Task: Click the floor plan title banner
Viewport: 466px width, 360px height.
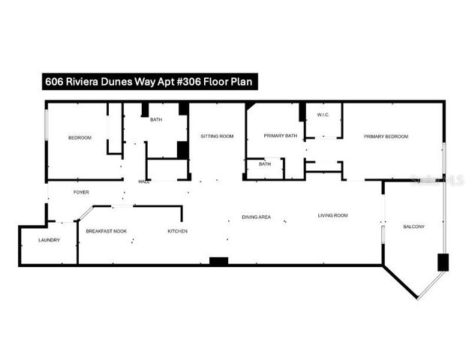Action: coord(150,82)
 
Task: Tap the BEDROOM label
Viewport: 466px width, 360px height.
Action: coord(80,138)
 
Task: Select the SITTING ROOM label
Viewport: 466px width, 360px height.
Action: coord(217,136)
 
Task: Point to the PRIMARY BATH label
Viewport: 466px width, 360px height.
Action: coord(281,136)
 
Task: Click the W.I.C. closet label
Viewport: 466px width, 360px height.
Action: coord(323,115)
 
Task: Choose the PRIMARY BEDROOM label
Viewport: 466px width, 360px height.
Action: coord(386,136)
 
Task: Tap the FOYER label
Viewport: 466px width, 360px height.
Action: coord(81,193)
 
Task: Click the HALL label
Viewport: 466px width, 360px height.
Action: coord(143,181)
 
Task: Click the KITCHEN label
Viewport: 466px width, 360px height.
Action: coord(177,231)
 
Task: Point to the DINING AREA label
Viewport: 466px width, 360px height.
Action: coord(256,217)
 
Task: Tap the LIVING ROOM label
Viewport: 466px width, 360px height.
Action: coord(332,216)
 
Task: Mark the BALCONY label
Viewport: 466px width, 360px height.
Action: coord(414,226)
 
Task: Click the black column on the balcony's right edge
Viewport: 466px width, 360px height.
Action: coord(443,262)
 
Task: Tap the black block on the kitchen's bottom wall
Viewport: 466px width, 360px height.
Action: coord(218,261)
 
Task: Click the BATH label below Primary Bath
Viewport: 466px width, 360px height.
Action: coord(265,163)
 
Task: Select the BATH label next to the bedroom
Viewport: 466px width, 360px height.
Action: coord(156,120)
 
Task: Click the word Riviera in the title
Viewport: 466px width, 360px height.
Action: coord(83,82)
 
